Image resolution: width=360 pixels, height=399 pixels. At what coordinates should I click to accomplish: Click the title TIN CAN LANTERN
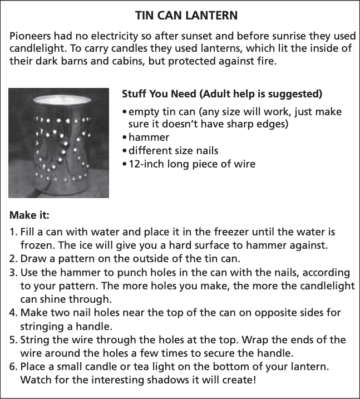(180, 15)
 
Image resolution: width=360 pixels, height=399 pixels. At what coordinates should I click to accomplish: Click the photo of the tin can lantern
(59, 142)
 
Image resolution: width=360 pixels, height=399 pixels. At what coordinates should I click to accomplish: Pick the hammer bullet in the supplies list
(149, 137)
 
